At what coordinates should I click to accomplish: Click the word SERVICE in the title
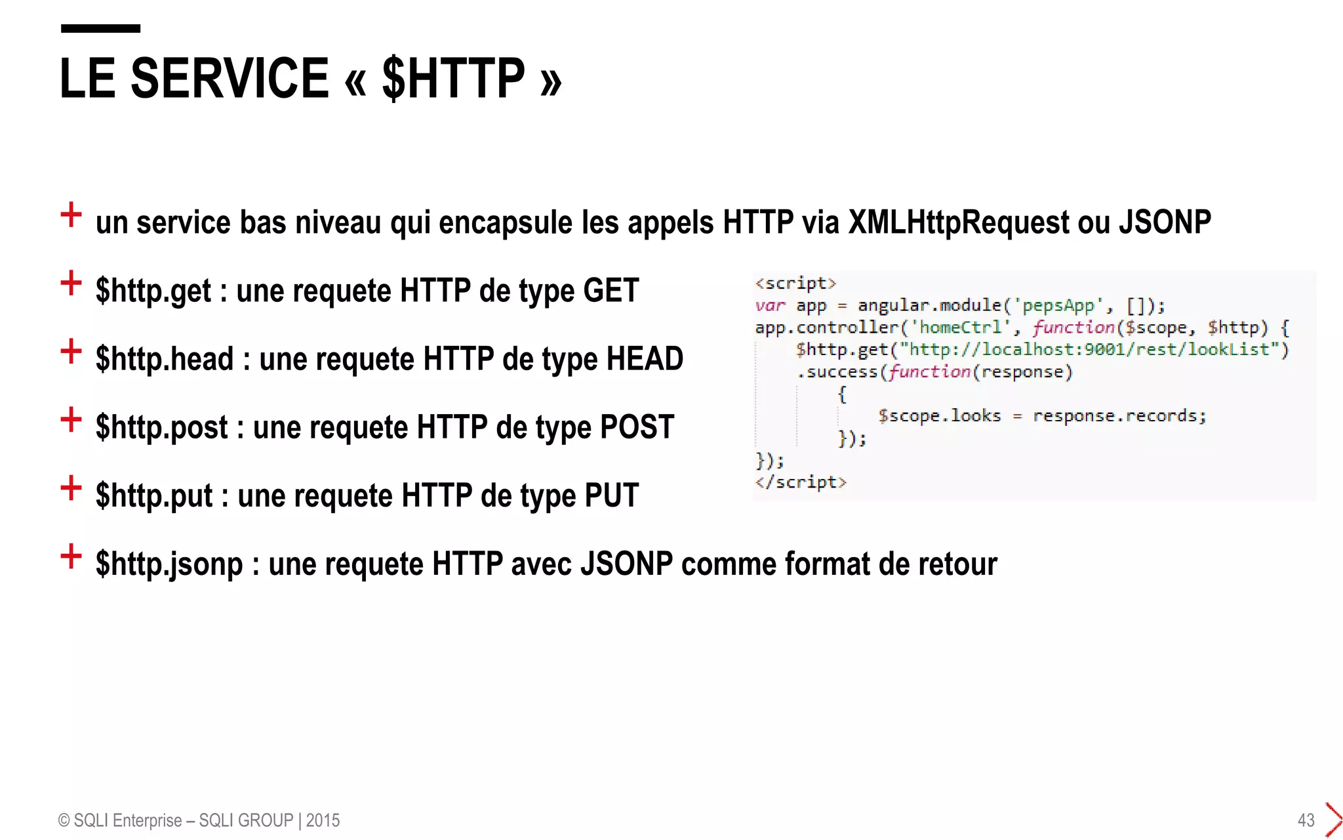click(230, 79)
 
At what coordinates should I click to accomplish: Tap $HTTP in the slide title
click(453, 79)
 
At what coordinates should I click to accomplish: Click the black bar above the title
click(100, 28)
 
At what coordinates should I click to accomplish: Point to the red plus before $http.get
click(71, 283)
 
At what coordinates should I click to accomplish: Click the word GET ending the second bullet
click(611, 290)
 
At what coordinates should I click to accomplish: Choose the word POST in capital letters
click(637, 427)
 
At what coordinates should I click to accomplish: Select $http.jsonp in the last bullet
click(169, 564)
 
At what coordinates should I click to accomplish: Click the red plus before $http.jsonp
click(71, 556)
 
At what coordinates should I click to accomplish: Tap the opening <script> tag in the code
click(795, 283)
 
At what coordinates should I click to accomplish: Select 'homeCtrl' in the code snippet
click(961, 327)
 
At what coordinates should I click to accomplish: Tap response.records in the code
click(1119, 416)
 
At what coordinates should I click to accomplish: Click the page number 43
click(1306, 820)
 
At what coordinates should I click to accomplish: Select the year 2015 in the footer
click(323, 820)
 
